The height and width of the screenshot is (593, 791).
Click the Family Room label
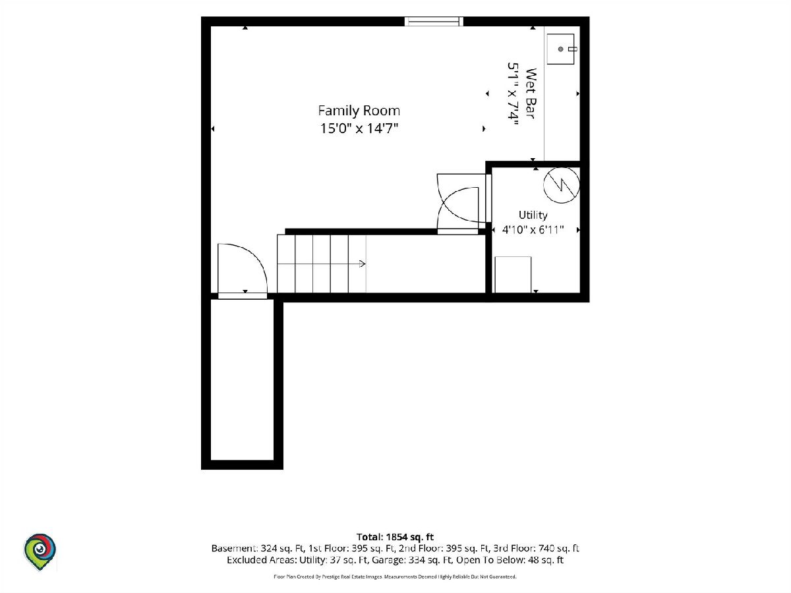[x=359, y=111]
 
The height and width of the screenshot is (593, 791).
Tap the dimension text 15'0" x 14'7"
[x=359, y=128]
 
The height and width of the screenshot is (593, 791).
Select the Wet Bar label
[x=531, y=94]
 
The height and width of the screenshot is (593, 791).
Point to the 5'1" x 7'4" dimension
[x=513, y=94]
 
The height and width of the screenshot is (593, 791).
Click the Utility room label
[x=533, y=215]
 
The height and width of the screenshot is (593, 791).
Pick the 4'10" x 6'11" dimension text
[x=533, y=230]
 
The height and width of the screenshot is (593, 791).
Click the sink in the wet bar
[x=561, y=49]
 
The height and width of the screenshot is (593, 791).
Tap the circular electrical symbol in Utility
[x=562, y=185]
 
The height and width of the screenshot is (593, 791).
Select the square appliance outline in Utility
[x=513, y=274]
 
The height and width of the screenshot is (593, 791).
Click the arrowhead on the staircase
[x=363, y=264]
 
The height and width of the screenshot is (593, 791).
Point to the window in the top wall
[x=434, y=21]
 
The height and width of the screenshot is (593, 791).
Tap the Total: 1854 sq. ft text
[x=395, y=537]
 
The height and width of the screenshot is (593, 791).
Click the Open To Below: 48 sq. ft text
[x=510, y=560]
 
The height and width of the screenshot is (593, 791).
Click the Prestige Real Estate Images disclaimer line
[x=395, y=577]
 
